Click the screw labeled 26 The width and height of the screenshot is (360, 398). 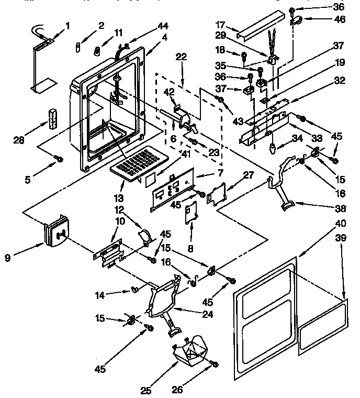pyautogui.click(x=213, y=363)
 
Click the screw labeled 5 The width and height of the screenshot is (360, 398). pyautogui.click(x=59, y=159)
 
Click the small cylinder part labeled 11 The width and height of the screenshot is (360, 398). pyautogui.click(x=96, y=51)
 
